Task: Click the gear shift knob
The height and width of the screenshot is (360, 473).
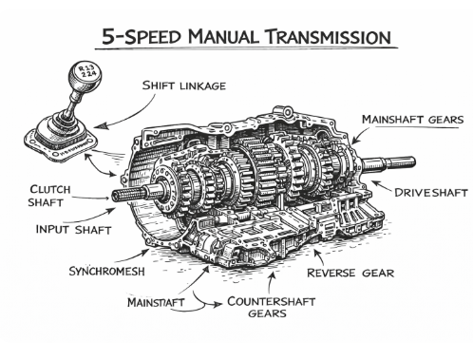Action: click(x=85, y=76)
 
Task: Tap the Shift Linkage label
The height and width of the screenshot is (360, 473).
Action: click(x=184, y=85)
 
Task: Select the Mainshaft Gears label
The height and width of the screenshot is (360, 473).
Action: click(x=412, y=120)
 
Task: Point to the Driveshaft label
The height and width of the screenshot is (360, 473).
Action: click(x=431, y=193)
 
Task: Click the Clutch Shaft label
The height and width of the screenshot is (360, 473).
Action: click(x=49, y=196)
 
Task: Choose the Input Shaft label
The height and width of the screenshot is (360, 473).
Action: click(x=73, y=229)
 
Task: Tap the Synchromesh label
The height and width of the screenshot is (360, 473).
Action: click(x=107, y=271)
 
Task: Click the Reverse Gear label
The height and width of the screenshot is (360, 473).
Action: click(x=350, y=273)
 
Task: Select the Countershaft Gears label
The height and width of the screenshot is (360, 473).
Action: click(x=271, y=307)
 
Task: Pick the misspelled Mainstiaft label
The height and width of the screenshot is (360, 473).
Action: click(x=156, y=302)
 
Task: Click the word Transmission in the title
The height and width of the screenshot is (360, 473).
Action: click(x=329, y=36)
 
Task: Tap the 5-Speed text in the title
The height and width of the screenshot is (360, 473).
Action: click(x=142, y=36)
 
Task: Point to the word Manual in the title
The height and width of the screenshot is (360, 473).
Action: click(x=223, y=36)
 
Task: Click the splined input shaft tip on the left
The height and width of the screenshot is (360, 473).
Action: click(x=126, y=195)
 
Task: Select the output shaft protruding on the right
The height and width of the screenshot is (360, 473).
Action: click(x=388, y=163)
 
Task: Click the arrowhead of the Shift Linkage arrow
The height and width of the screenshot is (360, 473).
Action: click(x=100, y=126)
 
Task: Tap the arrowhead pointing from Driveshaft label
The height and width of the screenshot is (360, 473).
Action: click(x=375, y=182)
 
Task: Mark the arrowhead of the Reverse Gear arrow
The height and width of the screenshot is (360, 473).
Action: click(x=316, y=253)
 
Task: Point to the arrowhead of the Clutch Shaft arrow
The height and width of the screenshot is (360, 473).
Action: click(x=106, y=199)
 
